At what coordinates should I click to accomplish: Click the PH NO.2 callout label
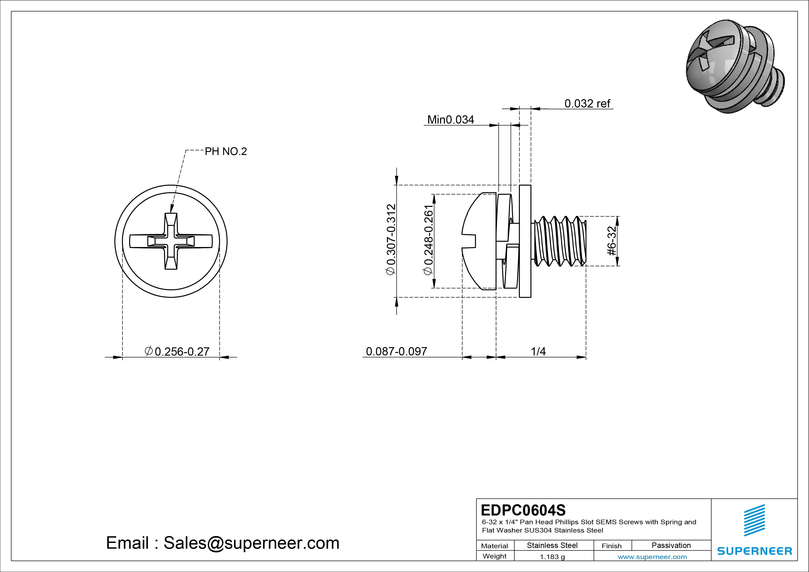coord(226,152)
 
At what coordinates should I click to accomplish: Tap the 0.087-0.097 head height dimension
coord(396,351)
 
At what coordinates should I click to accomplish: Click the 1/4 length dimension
coord(538,351)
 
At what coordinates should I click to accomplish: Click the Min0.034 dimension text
coord(450,120)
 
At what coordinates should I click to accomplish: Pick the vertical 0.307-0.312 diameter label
coord(391,239)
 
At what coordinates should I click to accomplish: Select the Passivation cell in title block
coord(671,545)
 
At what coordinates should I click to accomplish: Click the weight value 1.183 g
coord(552,557)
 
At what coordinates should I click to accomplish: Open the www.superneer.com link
coord(652,557)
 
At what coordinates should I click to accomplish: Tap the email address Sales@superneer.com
coord(251,543)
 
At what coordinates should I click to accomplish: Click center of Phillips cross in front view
coord(171,241)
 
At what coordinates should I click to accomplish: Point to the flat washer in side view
coord(525,241)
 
